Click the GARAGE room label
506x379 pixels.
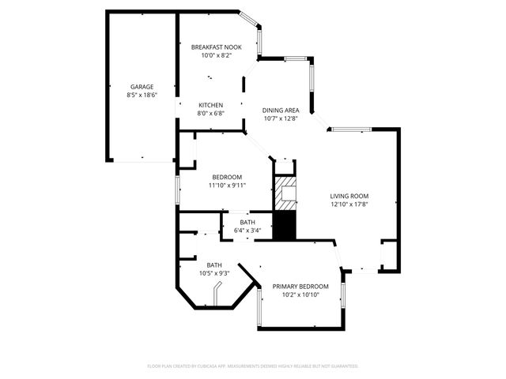pos(142,87)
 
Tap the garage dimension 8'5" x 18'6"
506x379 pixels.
pos(142,95)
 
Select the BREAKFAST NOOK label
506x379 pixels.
pos(216,47)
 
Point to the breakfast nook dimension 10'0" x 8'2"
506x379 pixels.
pos(216,56)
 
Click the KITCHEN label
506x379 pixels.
pos(210,105)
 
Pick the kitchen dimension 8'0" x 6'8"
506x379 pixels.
pos(210,113)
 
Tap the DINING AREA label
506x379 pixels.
pos(280,111)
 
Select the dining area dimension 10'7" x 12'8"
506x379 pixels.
pos(280,119)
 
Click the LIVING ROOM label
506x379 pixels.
pos(349,196)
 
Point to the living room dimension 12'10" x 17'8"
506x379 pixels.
pos(349,205)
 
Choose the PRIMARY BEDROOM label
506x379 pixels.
pos(300,286)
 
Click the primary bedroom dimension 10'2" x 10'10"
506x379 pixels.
pos(300,295)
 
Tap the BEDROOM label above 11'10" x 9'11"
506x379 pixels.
pos(227,177)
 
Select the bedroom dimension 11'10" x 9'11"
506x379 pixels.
pos(227,186)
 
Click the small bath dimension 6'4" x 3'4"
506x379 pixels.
pos(247,231)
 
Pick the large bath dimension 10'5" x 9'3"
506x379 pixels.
pos(214,273)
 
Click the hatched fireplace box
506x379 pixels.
pos(285,192)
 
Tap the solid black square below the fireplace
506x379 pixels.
pos(284,226)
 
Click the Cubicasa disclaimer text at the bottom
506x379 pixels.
pos(253,366)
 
